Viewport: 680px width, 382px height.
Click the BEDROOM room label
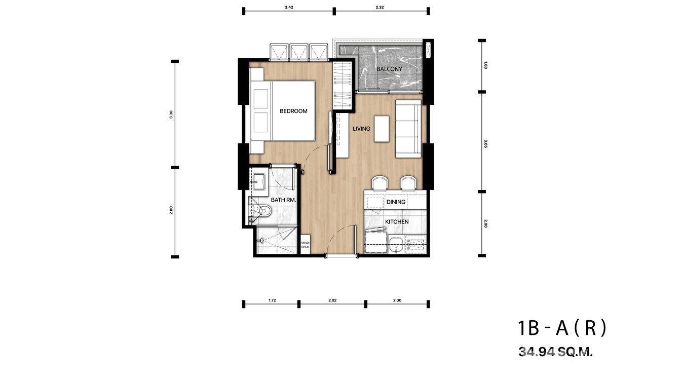click(293, 111)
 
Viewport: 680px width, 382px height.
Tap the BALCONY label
click(389, 69)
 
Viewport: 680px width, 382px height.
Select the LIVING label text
click(361, 129)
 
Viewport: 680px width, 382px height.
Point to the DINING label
click(396, 202)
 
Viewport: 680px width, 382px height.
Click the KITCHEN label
click(397, 222)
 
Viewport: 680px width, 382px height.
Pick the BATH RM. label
click(283, 200)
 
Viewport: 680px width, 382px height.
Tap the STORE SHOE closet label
click(305, 245)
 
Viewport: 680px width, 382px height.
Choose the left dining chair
click(379, 183)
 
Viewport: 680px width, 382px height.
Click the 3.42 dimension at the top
click(289, 7)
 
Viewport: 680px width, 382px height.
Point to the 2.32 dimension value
click(381, 7)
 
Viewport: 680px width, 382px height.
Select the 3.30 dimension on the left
click(172, 114)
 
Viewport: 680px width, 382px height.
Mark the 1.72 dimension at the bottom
click(272, 300)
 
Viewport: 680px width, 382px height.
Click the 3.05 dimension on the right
click(485, 142)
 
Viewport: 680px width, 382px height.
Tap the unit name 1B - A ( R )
click(561, 329)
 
